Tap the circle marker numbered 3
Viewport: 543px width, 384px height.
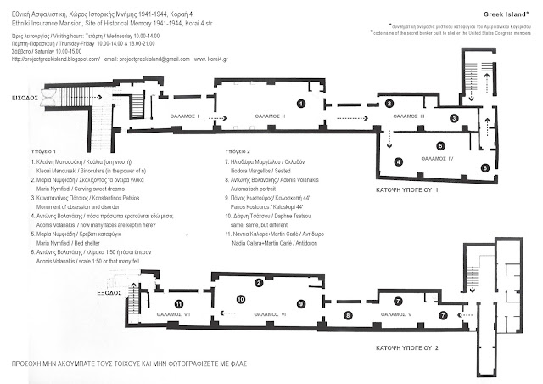[x=455, y=119]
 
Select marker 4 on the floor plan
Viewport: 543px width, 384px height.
[x=398, y=162]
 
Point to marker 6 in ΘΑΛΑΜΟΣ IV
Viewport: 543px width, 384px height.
[x=484, y=168]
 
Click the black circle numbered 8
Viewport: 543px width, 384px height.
[x=347, y=316]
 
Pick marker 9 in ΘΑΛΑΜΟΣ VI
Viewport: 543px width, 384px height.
[x=300, y=303]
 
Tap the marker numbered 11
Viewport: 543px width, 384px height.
[x=178, y=304]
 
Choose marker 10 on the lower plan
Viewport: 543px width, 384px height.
[x=241, y=298]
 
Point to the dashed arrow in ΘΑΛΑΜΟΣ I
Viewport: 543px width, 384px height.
[x=216, y=117]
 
